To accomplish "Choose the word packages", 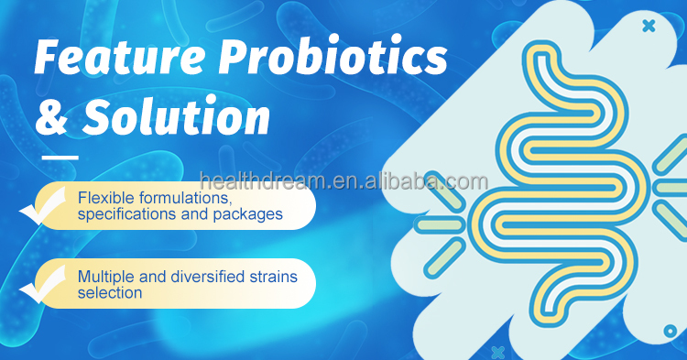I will point(248,215).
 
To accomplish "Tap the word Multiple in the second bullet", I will point(105,276).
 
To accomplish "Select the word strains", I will point(274,276).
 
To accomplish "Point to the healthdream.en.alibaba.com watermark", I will point(343,181).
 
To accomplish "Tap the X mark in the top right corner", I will point(649,27).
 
